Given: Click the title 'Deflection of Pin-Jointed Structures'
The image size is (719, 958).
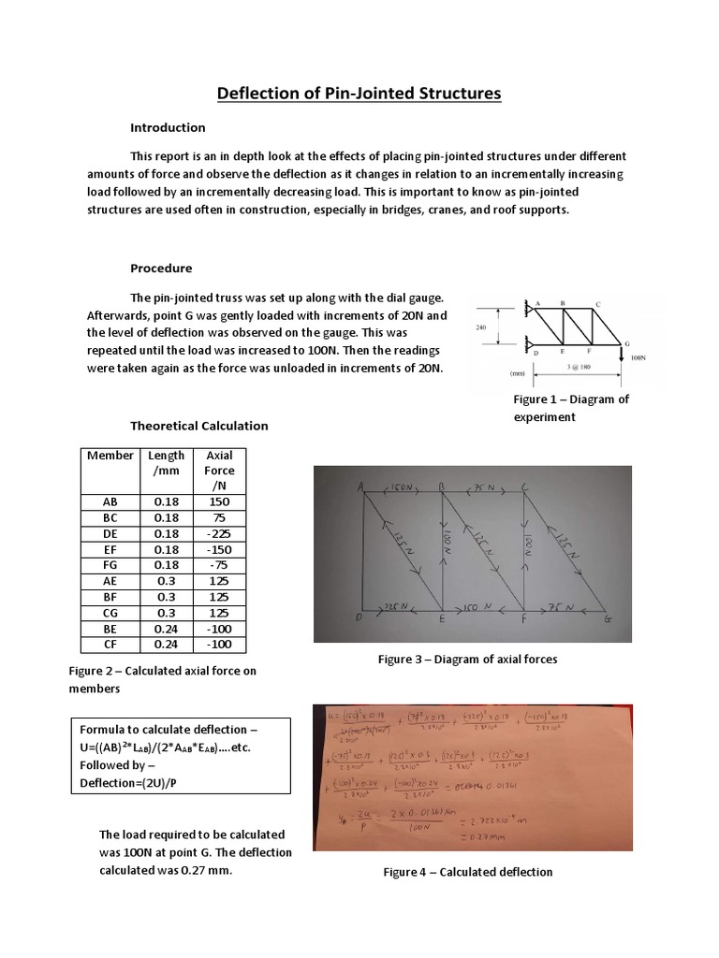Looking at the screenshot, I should pyautogui.click(x=359, y=94).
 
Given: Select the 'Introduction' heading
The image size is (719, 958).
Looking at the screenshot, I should pyautogui.click(x=168, y=127).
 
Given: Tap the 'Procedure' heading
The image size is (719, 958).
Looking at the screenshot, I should pyautogui.click(x=161, y=268).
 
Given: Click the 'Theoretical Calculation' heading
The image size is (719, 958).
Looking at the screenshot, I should pyautogui.click(x=198, y=426).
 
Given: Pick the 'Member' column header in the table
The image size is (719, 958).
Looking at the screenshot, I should pyautogui.click(x=110, y=456).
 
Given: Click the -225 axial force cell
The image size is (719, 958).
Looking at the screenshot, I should pyautogui.click(x=220, y=533).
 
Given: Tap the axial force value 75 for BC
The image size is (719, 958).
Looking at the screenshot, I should pyautogui.click(x=220, y=517).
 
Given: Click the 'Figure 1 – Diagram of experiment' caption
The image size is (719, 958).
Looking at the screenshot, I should pyautogui.click(x=571, y=408).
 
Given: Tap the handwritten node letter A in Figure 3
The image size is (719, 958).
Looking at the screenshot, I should pyautogui.click(x=360, y=486).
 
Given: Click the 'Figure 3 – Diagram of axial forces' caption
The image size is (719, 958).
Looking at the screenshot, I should pyautogui.click(x=467, y=660).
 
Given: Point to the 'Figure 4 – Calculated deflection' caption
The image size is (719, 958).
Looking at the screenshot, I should pyautogui.click(x=467, y=872).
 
